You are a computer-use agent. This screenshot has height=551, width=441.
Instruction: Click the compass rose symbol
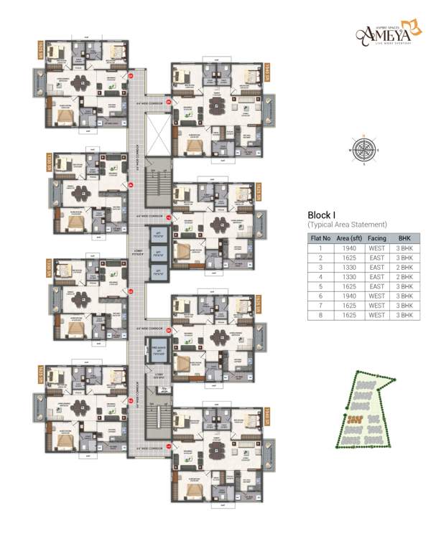[x=364, y=151]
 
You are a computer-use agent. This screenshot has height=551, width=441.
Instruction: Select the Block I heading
[x=322, y=215]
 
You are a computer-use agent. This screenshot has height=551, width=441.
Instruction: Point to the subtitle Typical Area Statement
[x=347, y=225]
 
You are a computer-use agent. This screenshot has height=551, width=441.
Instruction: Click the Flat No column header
[x=320, y=237]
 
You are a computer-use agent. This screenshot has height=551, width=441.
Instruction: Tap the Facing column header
[x=377, y=237]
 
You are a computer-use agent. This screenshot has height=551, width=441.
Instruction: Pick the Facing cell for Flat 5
[x=377, y=286]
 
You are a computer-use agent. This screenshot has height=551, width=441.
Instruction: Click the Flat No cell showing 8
[x=320, y=314]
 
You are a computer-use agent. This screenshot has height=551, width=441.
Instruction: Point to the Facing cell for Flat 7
[x=377, y=305]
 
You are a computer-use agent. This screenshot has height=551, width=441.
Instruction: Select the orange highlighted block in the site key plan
[x=353, y=417]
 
